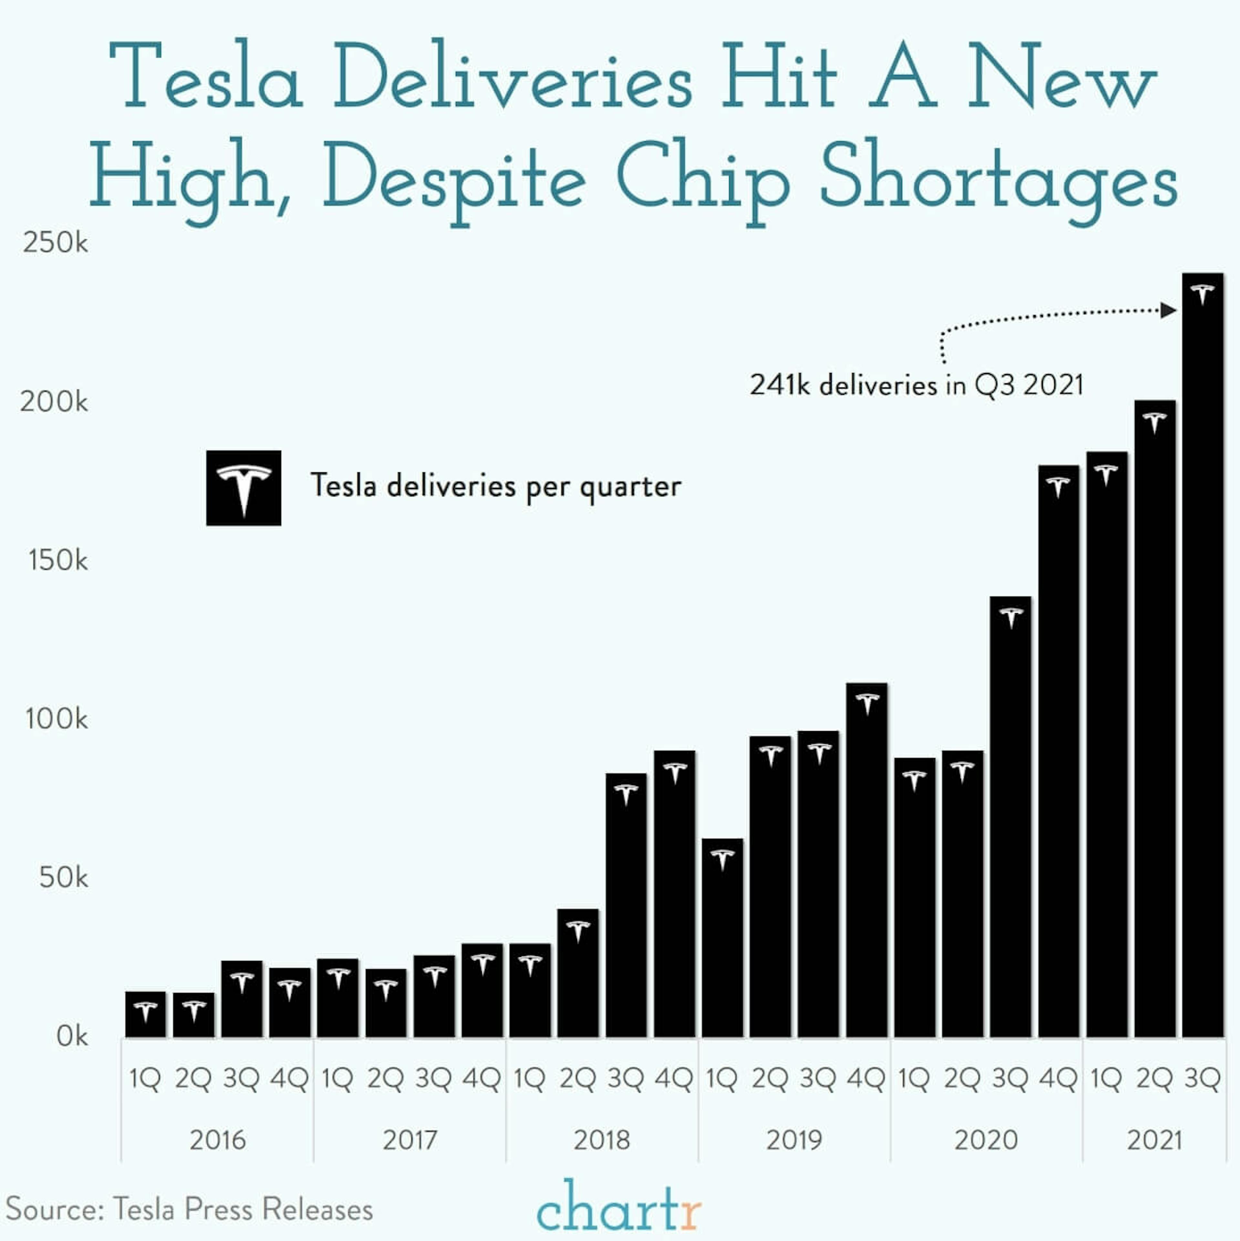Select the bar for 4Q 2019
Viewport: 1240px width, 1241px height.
pos(867,861)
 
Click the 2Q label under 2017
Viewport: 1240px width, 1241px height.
pos(386,1079)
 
